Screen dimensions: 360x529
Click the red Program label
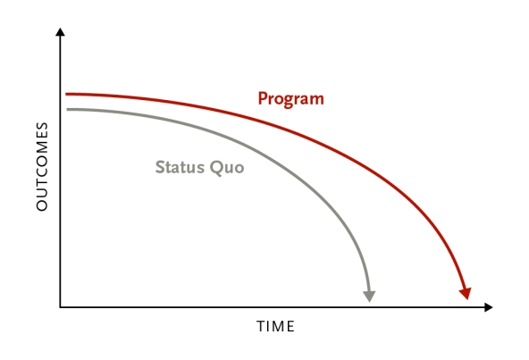(x=290, y=98)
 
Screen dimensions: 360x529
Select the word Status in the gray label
(x=177, y=166)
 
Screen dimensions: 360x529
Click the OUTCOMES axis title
(x=42, y=167)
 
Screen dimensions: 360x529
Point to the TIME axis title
(x=275, y=327)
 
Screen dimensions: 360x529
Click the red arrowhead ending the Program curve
(x=465, y=293)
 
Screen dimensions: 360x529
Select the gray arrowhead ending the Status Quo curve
(x=369, y=296)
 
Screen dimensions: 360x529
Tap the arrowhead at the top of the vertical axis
(x=60, y=33)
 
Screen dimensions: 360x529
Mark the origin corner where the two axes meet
(x=60, y=307)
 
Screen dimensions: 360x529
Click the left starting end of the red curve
(x=67, y=94)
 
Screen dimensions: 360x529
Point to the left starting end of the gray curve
(x=67, y=109)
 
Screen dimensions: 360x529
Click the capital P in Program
(x=263, y=98)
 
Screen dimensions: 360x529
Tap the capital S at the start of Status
(x=160, y=166)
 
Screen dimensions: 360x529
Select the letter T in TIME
(x=260, y=327)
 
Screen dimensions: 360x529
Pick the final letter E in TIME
(x=290, y=327)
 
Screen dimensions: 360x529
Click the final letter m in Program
(x=316, y=99)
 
